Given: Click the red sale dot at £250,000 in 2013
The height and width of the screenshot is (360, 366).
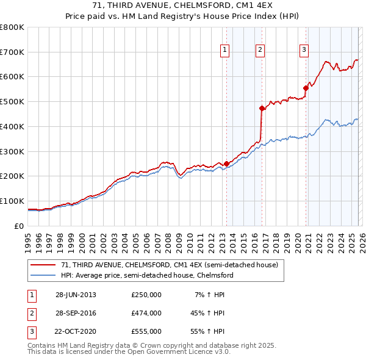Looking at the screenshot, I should click(226, 164).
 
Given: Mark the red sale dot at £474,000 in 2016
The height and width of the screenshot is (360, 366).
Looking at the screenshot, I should click(262, 108).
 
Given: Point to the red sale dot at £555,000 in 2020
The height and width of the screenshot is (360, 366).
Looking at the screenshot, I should click(306, 88).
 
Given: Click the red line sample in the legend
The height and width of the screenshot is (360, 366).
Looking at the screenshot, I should click(43, 265).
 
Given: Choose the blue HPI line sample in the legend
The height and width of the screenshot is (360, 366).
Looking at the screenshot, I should click(43, 275).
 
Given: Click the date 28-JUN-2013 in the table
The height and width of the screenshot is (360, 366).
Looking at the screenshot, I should click(76, 295).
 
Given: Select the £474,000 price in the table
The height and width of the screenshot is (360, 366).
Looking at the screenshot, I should click(146, 313).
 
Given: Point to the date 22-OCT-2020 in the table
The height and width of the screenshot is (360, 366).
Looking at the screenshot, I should click(76, 331).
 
